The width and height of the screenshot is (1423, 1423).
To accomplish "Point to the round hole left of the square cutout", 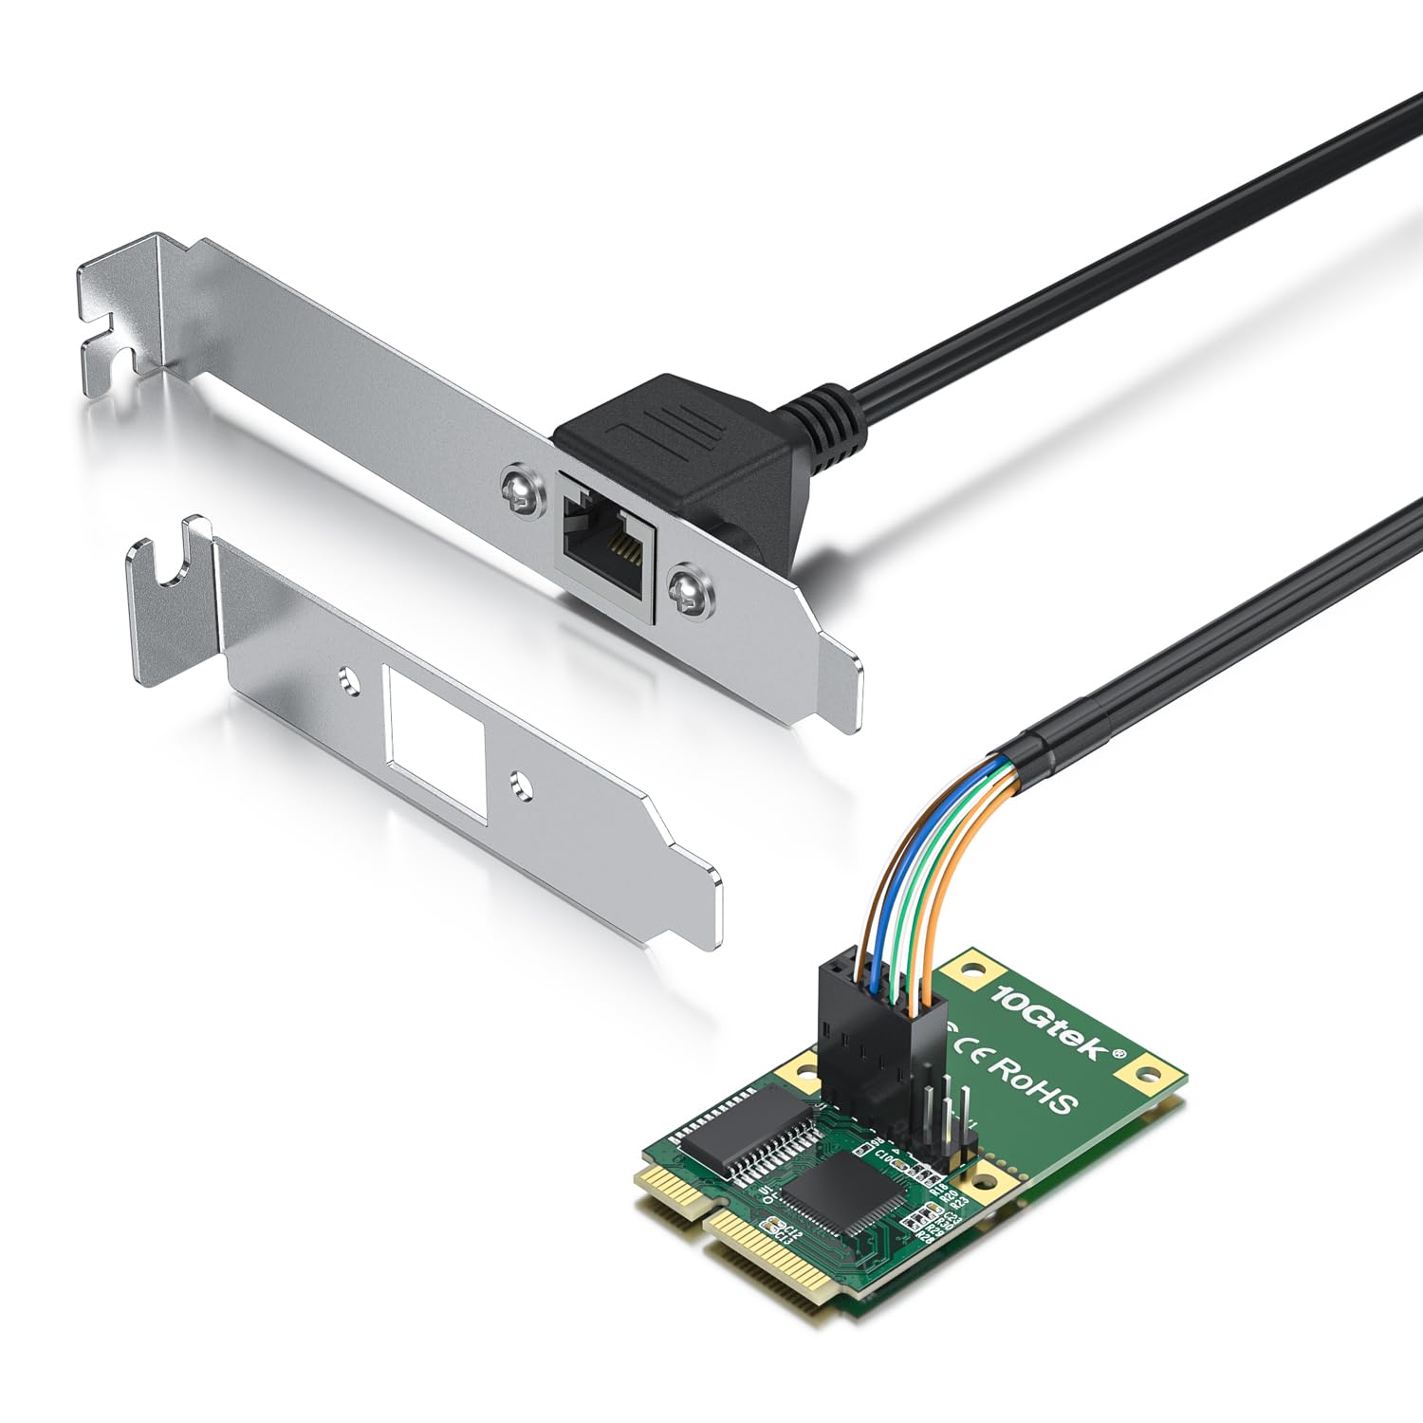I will click(x=351, y=682).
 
